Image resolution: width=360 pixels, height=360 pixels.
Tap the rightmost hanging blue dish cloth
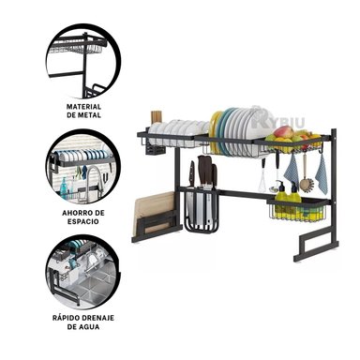click(x=322, y=172)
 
